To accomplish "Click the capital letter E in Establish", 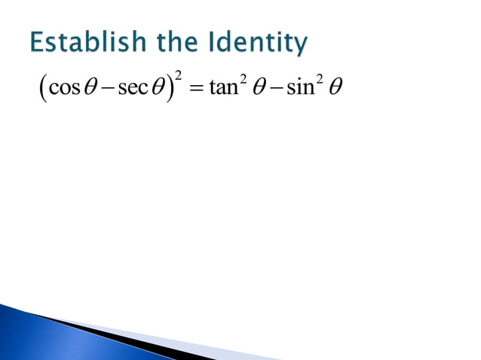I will [37, 43].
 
